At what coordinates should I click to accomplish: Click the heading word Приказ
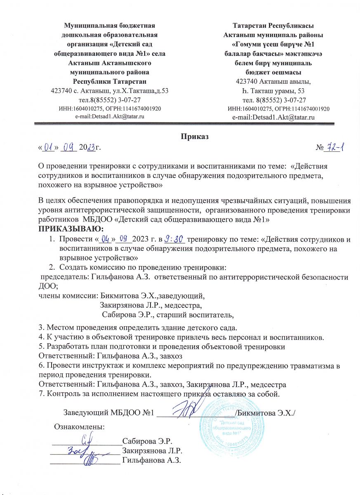point(193,136)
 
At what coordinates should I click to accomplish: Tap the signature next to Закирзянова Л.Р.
point(80,450)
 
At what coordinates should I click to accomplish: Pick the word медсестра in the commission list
point(185,306)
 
